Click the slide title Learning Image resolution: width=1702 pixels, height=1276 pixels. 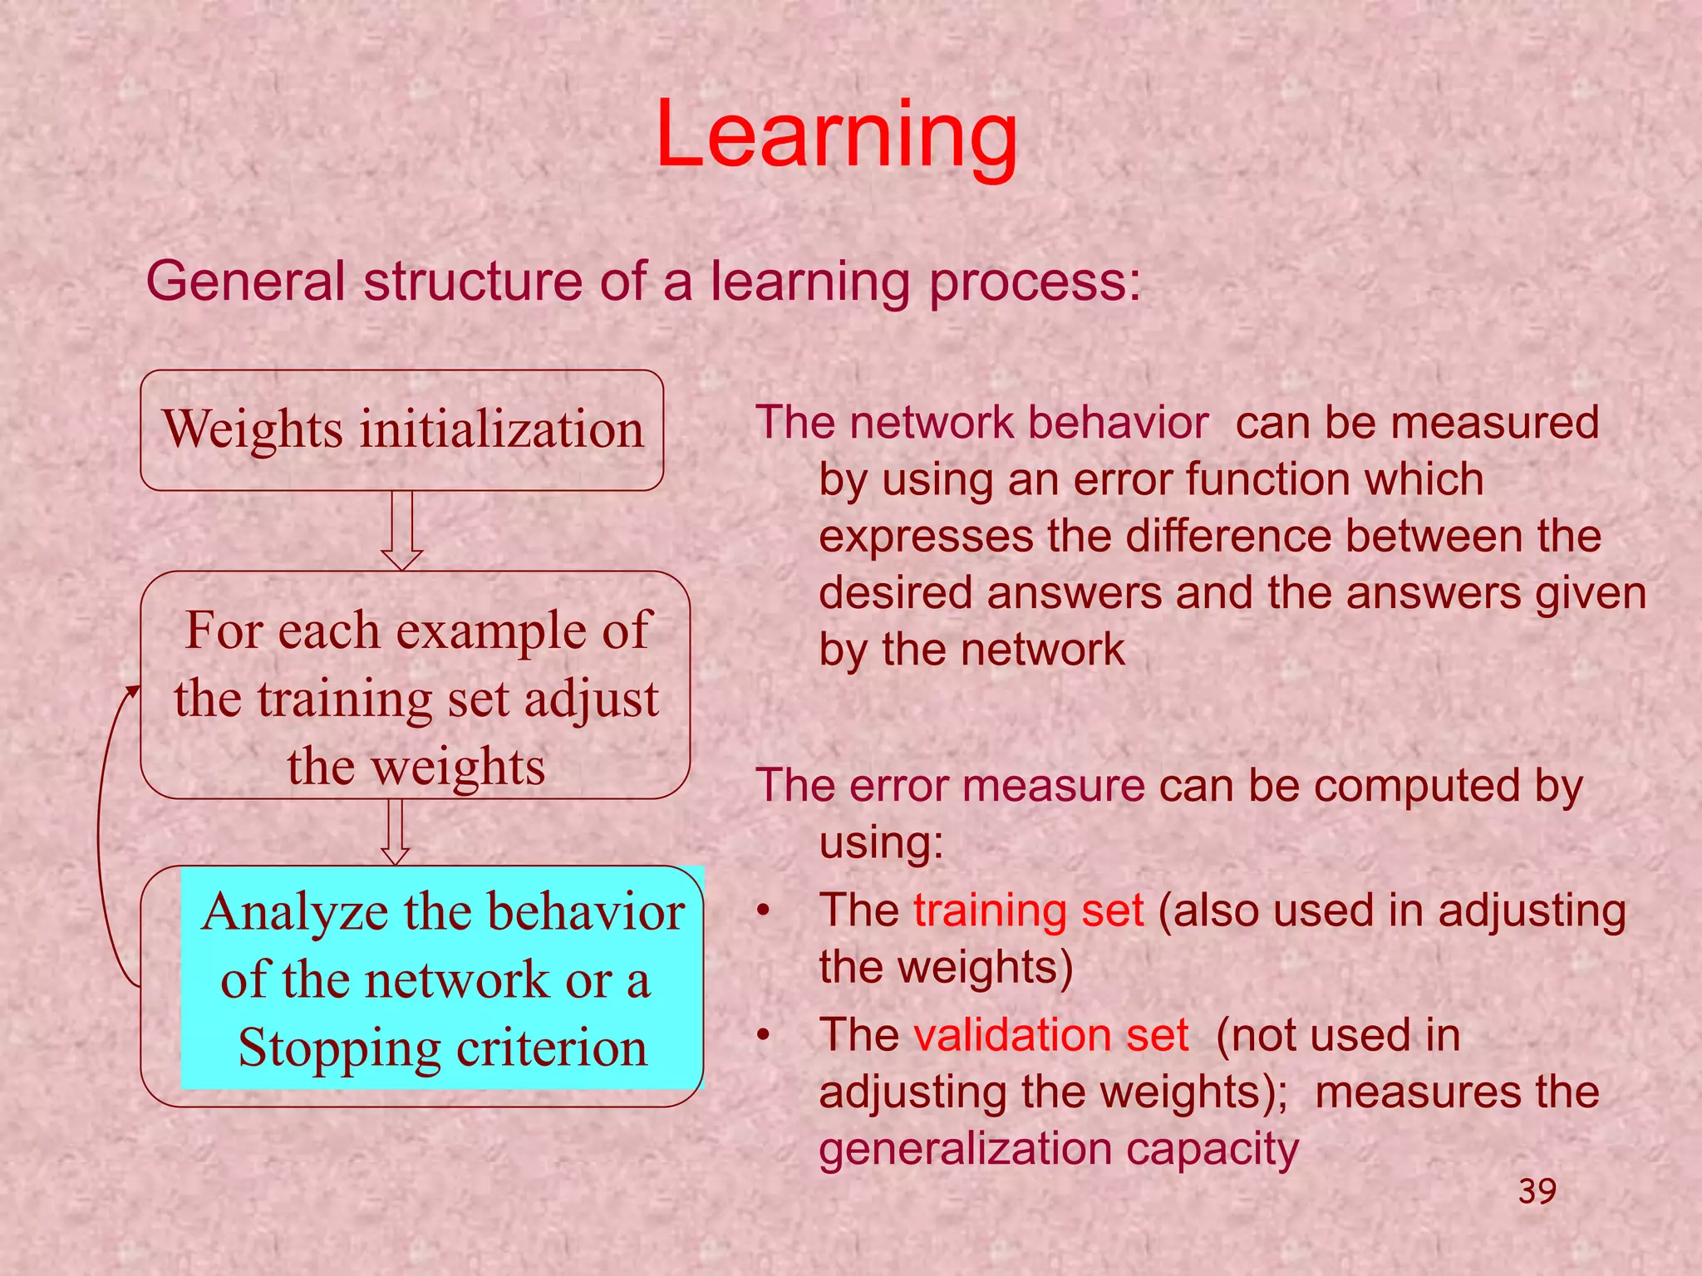pyautogui.click(x=836, y=135)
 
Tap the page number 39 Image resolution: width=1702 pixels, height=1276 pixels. pyautogui.click(x=1537, y=1191)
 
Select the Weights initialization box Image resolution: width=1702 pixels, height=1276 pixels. pyautogui.click(x=402, y=429)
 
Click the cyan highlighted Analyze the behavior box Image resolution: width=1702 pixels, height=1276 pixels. pyautogui.click(x=442, y=978)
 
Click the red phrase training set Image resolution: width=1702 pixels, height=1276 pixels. pyautogui.click(x=1028, y=910)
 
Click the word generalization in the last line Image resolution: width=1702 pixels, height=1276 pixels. pyautogui.click(x=965, y=1149)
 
